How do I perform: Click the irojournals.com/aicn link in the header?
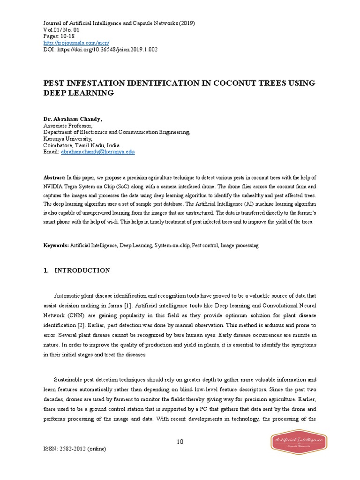pyautogui.click(x=76, y=43)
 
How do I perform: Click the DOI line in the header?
pyautogui.click(x=100, y=49)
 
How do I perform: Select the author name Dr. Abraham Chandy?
pyautogui.click(x=72, y=120)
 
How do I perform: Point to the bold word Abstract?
pyautogui.click(x=54, y=177)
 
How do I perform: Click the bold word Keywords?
pyautogui.click(x=56, y=245)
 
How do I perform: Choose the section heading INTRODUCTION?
pyautogui.click(x=82, y=270)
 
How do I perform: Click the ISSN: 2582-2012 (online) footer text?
pyautogui.click(x=75, y=449)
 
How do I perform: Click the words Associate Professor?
pyautogui.click(x=67, y=126)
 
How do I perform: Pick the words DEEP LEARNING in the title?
pyautogui.click(x=79, y=93)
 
